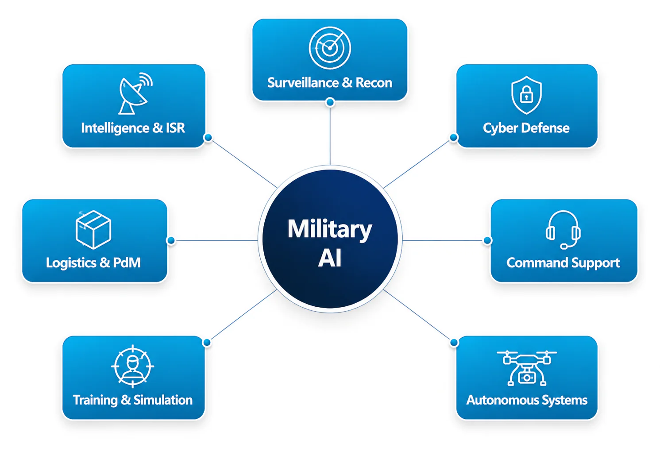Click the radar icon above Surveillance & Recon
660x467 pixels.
click(330, 48)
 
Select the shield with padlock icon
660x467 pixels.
click(526, 95)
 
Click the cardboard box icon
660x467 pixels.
click(93, 230)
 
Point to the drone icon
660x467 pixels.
click(526, 368)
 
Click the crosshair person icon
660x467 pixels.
click(132, 366)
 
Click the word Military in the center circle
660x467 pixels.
click(330, 229)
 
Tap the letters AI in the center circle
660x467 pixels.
click(330, 258)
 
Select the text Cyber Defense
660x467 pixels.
click(526, 128)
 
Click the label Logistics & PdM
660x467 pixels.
click(93, 263)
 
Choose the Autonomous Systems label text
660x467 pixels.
click(527, 400)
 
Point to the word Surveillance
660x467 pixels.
click(303, 82)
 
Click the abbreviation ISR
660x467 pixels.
click(175, 128)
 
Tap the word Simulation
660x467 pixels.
click(163, 400)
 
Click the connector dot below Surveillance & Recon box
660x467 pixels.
click(330, 102)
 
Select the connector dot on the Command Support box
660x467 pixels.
click(488, 240)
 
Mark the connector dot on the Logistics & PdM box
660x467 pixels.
click(171, 240)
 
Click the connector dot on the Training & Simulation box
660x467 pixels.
click(207, 342)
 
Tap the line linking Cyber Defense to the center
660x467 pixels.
click(417, 164)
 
